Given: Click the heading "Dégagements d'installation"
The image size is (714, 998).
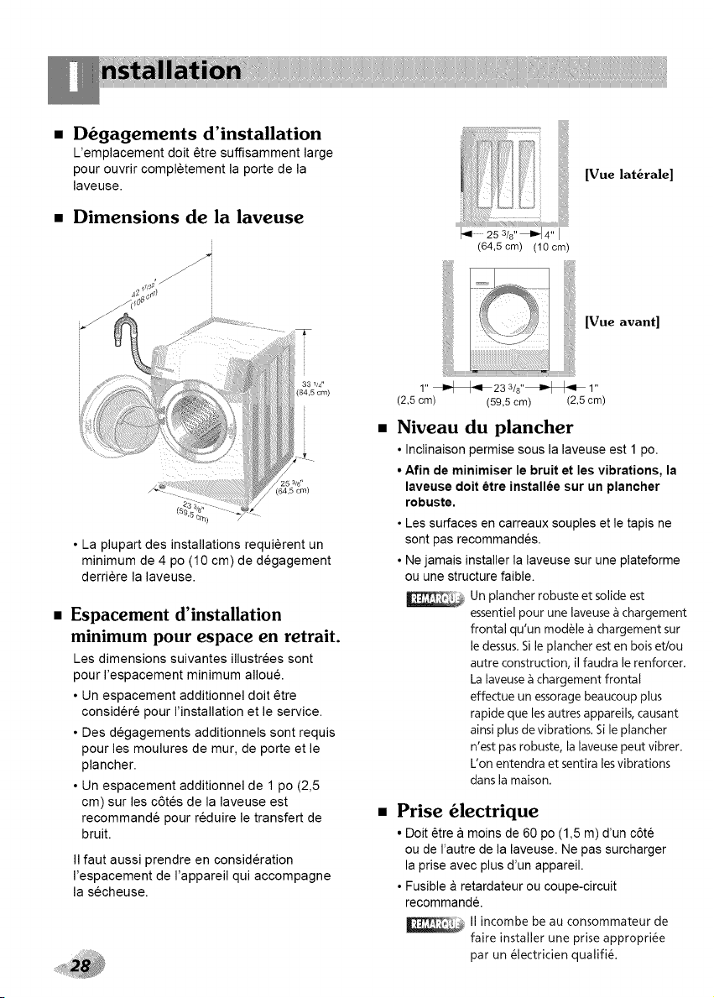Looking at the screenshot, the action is pyautogui.click(x=197, y=133).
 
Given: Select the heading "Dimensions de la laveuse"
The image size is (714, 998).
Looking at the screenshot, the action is pyautogui.click(x=189, y=217).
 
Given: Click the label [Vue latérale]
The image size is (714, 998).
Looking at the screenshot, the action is pyautogui.click(x=628, y=175).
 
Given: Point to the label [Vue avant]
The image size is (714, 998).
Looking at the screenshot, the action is pyautogui.click(x=622, y=321).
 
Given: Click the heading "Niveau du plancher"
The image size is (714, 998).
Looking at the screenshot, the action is pyautogui.click(x=485, y=426).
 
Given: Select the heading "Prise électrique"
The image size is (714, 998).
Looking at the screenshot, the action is pyautogui.click(x=467, y=810).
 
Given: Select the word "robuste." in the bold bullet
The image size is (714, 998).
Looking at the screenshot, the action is pyautogui.click(x=430, y=503).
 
